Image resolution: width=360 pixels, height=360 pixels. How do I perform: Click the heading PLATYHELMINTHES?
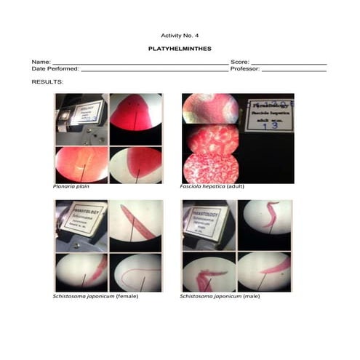(180, 49)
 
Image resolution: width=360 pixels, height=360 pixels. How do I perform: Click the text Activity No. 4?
(180, 35)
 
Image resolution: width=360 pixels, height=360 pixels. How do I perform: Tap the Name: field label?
(41, 63)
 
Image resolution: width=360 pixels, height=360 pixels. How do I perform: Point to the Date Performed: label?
(55, 69)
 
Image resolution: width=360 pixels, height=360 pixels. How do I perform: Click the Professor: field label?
(245, 69)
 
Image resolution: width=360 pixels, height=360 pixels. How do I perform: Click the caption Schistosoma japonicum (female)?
(95, 297)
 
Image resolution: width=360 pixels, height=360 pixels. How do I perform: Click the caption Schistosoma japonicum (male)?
(222, 297)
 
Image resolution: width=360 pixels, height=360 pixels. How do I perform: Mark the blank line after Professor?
(294, 71)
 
